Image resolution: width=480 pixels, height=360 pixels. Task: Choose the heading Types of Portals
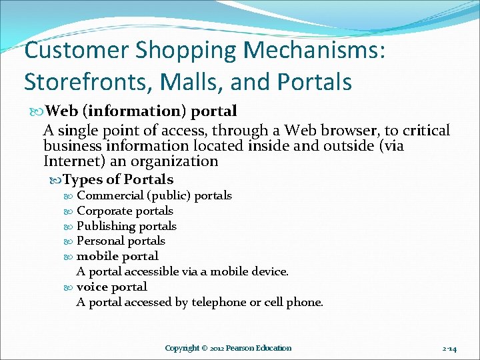tap(118, 179)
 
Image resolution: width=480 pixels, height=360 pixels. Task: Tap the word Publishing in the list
tap(104, 226)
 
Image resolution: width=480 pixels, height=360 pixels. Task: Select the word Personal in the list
tap(100, 241)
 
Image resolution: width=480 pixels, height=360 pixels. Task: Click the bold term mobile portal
tap(117, 256)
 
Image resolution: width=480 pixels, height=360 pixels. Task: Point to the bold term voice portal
tap(112, 287)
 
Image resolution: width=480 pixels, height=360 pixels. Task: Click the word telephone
tap(219, 302)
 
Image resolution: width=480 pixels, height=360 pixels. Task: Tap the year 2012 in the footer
tap(214, 348)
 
